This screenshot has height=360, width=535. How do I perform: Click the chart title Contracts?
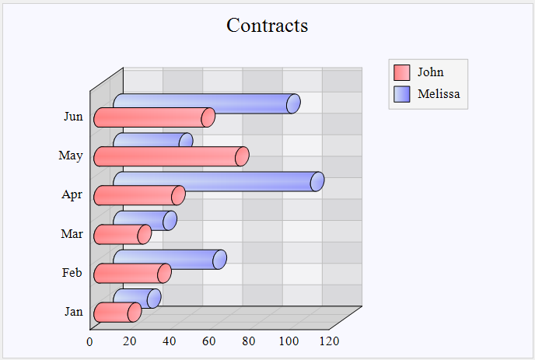(x=267, y=26)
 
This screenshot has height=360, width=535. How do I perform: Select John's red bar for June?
(x=152, y=117)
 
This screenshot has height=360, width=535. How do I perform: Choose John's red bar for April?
(x=138, y=195)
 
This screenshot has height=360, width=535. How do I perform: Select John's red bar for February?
(x=131, y=273)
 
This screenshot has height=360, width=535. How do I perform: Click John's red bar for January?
(x=116, y=312)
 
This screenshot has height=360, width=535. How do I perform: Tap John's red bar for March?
(x=121, y=234)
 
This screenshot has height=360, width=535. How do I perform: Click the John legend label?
(x=430, y=72)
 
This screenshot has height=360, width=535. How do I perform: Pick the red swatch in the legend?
(x=402, y=72)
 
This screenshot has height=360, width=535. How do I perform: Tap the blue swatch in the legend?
(x=402, y=94)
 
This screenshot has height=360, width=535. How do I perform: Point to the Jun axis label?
(x=73, y=117)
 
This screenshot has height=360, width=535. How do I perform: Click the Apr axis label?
(x=72, y=194)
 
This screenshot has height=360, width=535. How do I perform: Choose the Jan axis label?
(x=73, y=312)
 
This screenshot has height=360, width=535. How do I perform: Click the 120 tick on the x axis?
(x=329, y=341)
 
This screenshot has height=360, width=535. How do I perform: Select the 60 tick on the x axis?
(x=209, y=341)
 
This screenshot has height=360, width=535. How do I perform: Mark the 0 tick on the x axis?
(x=90, y=341)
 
